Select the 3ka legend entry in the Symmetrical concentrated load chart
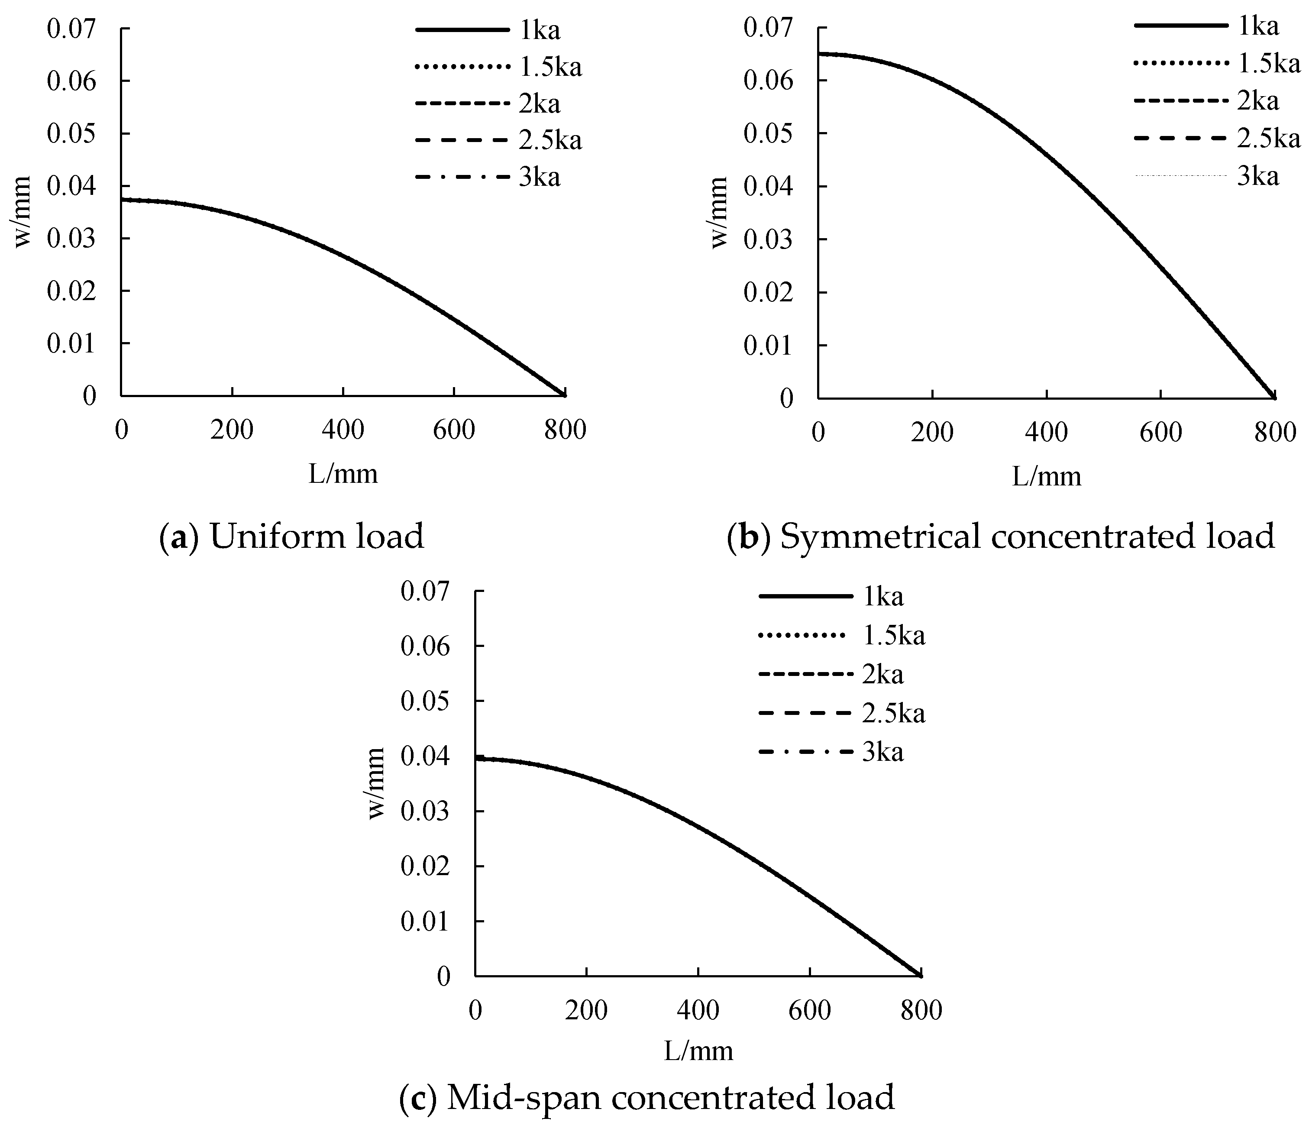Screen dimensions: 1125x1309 pos(1257,176)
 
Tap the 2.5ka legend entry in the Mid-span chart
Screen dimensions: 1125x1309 pos(893,713)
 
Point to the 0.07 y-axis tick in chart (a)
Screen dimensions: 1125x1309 pos(71,29)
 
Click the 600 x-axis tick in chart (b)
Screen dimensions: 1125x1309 pos(1160,433)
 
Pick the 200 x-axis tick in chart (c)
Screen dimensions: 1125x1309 pos(586,1011)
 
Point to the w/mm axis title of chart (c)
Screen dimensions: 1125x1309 pos(377,783)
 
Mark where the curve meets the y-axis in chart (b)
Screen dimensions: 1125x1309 pos(819,54)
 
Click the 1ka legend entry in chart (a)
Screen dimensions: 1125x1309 pos(539,30)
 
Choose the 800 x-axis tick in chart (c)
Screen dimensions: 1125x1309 pos(921,1011)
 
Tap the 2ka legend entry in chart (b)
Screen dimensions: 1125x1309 pos(1257,101)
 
